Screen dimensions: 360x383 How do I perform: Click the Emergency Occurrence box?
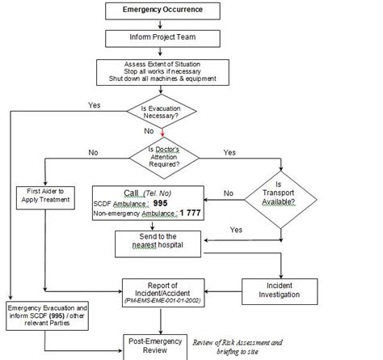coord(163,11)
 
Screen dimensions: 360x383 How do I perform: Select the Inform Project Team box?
coord(163,37)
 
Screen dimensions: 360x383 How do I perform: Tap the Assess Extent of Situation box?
coord(162,70)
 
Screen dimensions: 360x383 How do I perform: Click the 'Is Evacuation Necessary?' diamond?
coord(162,111)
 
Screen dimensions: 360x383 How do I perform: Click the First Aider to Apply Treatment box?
coord(44,197)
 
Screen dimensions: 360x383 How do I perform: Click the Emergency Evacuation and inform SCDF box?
coord(46,316)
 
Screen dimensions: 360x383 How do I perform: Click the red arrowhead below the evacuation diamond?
coord(162,132)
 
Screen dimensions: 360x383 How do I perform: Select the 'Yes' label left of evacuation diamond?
coord(94,104)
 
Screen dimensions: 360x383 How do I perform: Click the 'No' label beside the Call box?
coord(228,193)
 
